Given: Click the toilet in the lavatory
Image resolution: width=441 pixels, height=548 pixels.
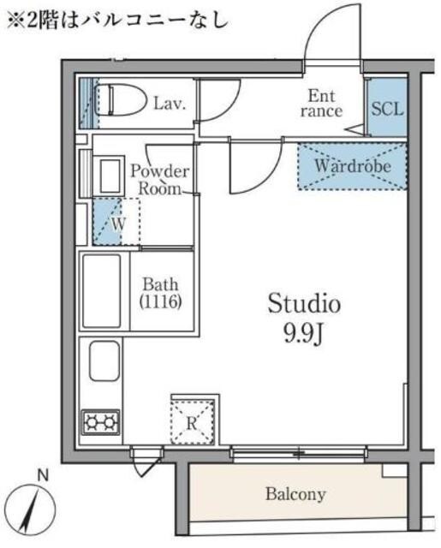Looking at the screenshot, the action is [121, 100].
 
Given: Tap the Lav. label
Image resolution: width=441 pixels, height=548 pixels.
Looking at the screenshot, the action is [170, 104].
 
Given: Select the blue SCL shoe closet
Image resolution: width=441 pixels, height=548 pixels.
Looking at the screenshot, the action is [387, 108].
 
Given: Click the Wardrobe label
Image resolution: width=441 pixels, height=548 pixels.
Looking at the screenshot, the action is [353, 165].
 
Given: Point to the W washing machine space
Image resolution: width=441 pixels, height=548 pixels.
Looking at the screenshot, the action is [116, 222].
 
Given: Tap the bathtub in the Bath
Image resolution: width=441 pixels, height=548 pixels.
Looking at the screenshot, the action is [102, 291].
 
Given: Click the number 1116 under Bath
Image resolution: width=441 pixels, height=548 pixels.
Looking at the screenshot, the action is [160, 301].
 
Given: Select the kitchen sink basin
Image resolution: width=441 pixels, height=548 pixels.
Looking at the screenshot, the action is [104, 360].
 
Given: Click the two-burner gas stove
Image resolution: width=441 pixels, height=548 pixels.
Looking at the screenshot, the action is [101, 422].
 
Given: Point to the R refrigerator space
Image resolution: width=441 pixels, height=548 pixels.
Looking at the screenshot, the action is [192, 423].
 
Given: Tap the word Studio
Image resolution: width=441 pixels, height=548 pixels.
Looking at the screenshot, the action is [304, 303].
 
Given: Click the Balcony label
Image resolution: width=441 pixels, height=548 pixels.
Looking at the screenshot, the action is [295, 494].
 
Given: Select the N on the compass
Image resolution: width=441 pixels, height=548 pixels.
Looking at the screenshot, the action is [43, 476].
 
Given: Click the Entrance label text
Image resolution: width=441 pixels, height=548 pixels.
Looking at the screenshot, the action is [321, 104].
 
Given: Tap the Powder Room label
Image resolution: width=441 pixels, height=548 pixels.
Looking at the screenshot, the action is [159, 180].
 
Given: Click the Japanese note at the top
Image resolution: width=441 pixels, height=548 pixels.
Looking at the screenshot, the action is [118, 20].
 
